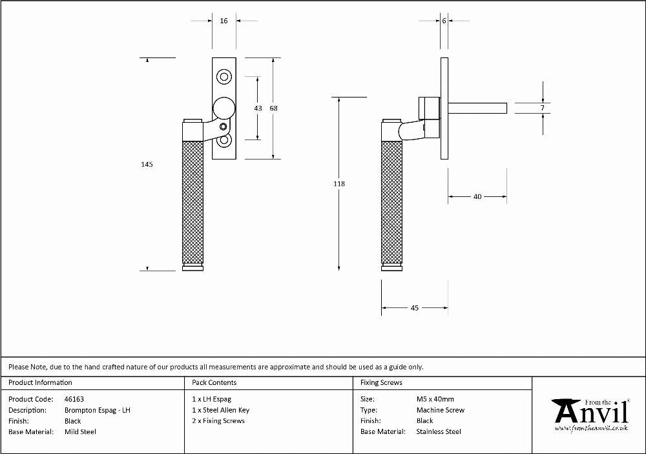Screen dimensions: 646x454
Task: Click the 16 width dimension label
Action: point(224,21)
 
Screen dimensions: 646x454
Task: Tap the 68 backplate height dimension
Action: point(273,108)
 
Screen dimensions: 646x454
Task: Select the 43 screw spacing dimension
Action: point(258,108)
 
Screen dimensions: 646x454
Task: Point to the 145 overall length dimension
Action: point(147,164)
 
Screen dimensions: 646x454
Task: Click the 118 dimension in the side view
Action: point(339,184)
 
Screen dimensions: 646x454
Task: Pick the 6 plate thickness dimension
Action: point(444,21)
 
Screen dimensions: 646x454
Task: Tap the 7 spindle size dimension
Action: point(543,108)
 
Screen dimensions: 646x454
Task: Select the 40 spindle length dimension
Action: point(477,197)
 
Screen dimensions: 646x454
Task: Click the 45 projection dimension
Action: point(415,308)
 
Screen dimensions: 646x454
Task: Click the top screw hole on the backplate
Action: point(224,77)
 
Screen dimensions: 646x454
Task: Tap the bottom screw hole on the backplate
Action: point(224,140)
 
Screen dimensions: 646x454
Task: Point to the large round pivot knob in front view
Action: point(224,108)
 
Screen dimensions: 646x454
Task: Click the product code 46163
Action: point(74,399)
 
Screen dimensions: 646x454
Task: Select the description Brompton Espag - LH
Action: point(98,410)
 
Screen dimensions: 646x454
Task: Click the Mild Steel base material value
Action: point(80,432)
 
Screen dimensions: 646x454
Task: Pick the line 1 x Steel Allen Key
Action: point(220,410)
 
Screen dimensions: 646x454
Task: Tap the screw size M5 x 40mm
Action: point(435,399)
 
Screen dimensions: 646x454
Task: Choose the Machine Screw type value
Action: point(440,410)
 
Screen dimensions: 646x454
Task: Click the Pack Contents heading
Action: point(214,382)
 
